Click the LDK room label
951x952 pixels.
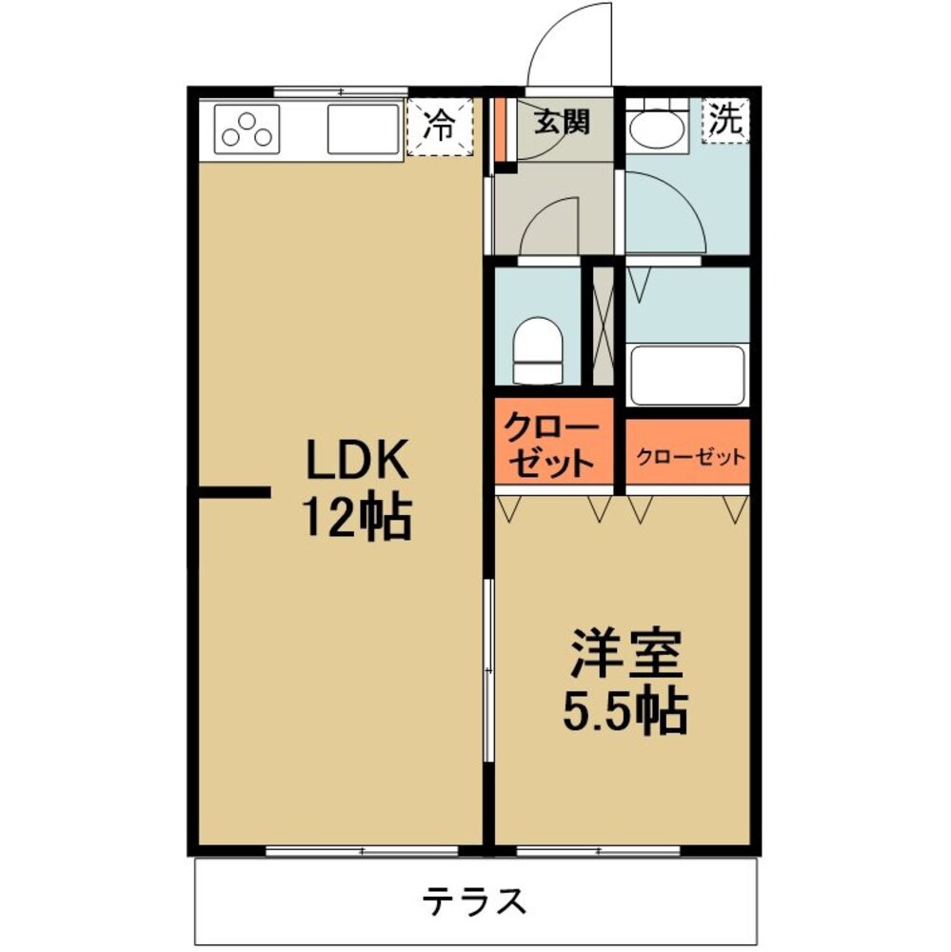[356, 459]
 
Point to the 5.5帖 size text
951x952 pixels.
[624, 710]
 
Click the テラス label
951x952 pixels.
[474, 901]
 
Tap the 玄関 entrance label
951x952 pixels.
[562, 123]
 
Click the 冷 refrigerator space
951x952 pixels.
[439, 127]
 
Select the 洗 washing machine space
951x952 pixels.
[725, 120]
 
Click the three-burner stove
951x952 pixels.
[247, 129]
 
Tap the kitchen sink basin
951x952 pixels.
[363, 129]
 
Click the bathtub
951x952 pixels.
[688, 375]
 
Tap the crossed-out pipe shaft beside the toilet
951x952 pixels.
[603, 326]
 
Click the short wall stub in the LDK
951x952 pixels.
[234, 492]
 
